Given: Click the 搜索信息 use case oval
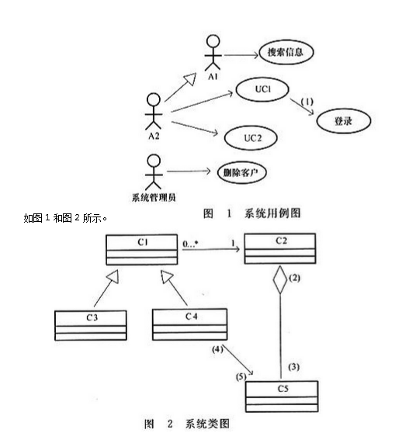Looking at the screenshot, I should pyautogui.click(x=286, y=53).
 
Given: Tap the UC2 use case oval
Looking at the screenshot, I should pyautogui.click(x=251, y=137).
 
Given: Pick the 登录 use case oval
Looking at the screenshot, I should pyautogui.click(x=343, y=120).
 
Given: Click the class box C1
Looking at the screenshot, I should pyautogui.click(x=142, y=248).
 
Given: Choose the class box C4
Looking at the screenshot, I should pyautogui.click(x=189, y=323).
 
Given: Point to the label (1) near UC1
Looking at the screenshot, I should pyautogui.click(x=307, y=102).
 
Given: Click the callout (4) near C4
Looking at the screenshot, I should pyautogui.click(x=218, y=349).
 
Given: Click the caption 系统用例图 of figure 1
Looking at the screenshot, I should pyautogui.click(x=272, y=213).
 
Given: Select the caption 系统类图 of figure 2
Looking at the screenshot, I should pyautogui.click(x=208, y=423).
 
